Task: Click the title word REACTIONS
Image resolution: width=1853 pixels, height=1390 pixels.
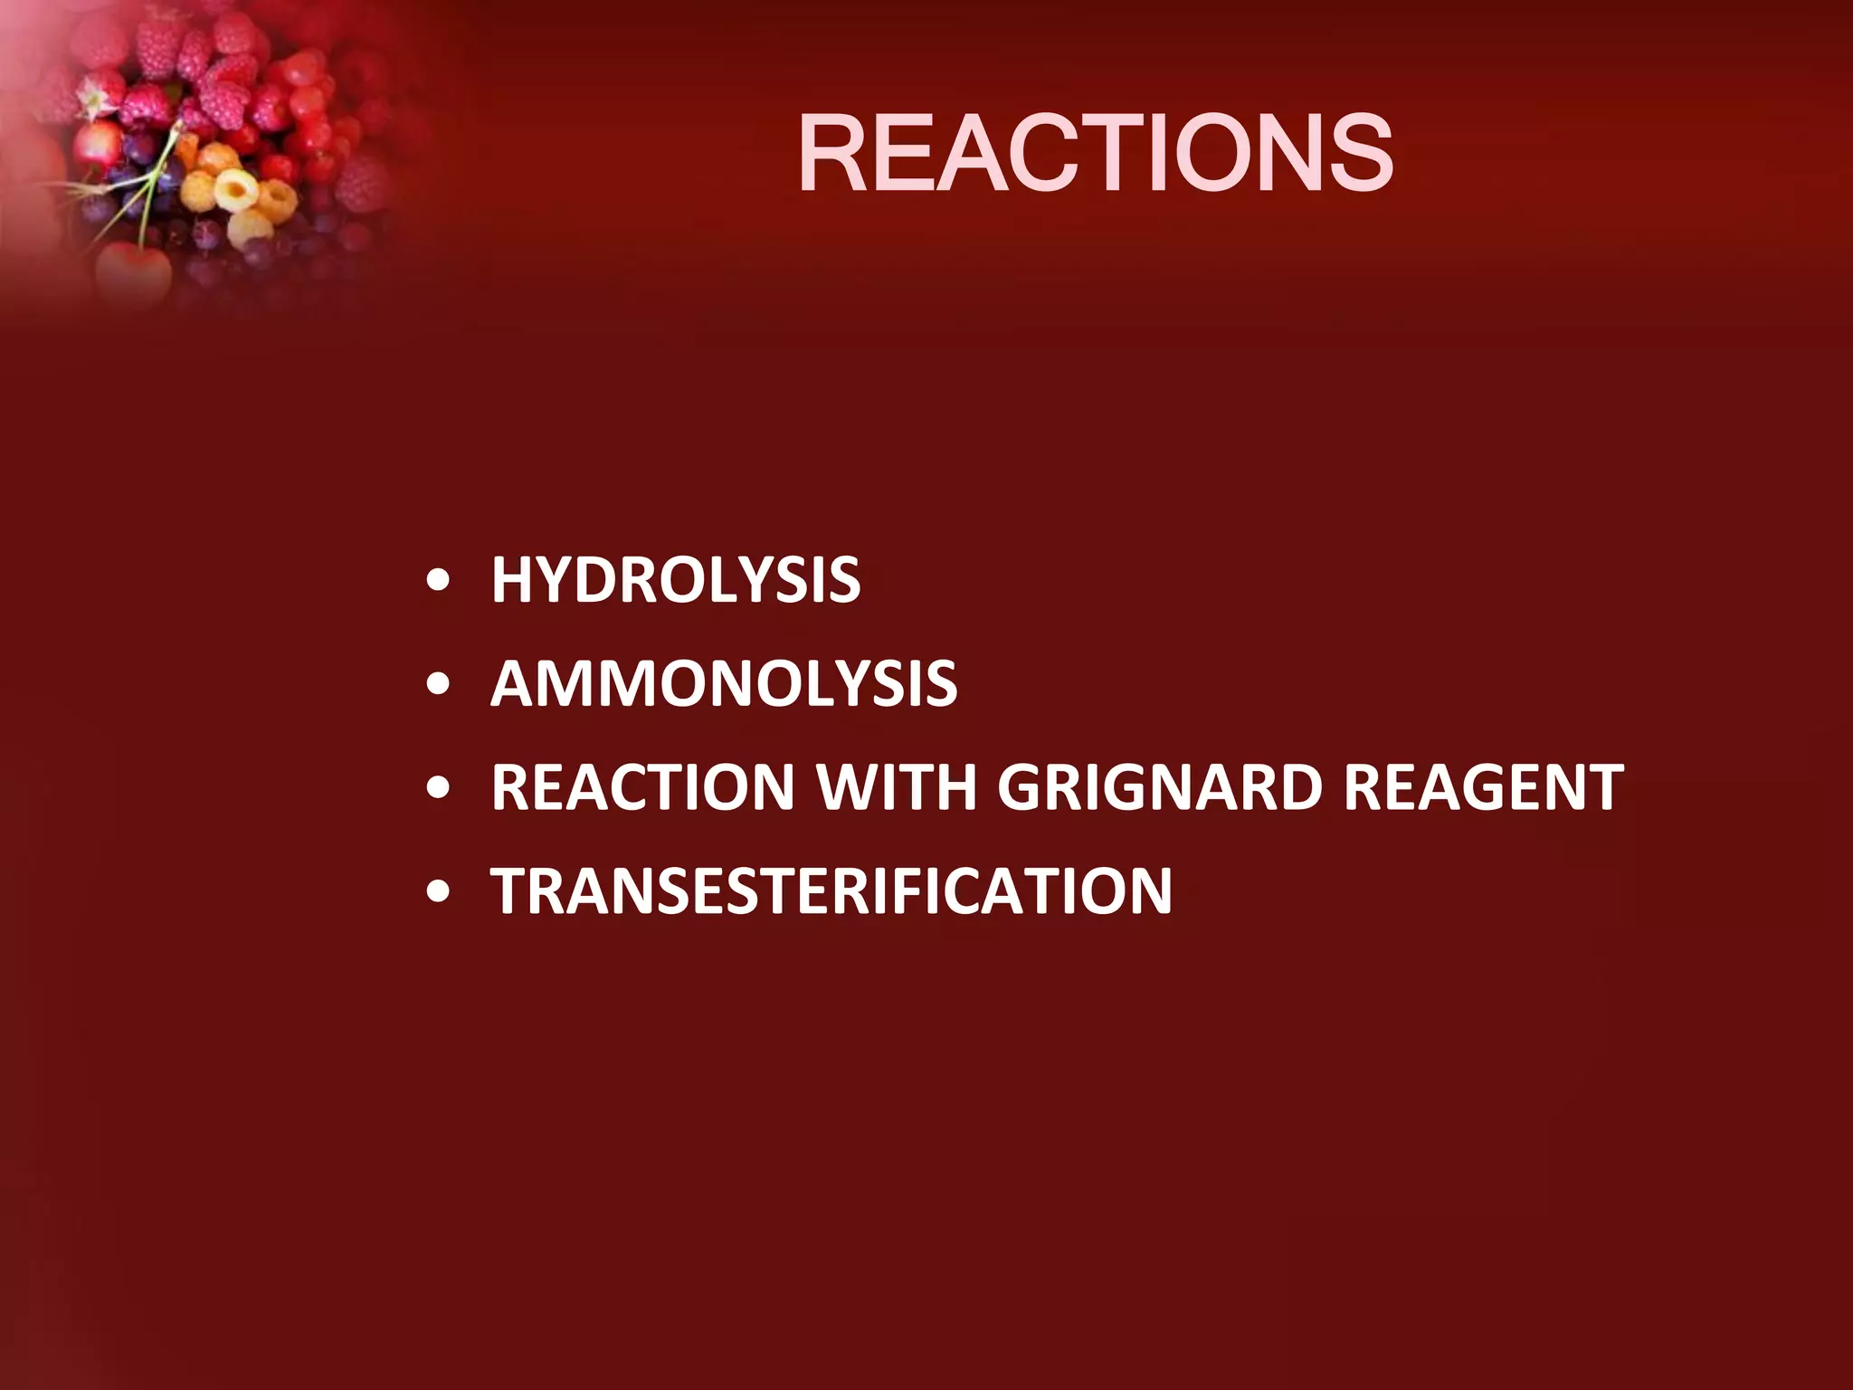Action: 1095,154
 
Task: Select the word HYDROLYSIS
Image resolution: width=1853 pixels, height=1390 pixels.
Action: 675,580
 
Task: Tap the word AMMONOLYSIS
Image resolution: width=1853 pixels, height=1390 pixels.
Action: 724,683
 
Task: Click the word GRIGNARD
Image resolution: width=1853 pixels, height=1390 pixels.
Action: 1160,787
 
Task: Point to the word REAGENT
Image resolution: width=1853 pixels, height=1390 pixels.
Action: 1484,787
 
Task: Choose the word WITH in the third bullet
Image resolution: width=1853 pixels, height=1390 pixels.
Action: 897,787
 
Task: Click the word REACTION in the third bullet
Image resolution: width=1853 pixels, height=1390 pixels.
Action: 642,787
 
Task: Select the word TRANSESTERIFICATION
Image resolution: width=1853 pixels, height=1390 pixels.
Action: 831,891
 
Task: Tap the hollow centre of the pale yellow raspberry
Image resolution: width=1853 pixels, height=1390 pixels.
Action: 237,191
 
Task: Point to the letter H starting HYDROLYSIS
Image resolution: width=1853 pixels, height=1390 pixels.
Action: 512,580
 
